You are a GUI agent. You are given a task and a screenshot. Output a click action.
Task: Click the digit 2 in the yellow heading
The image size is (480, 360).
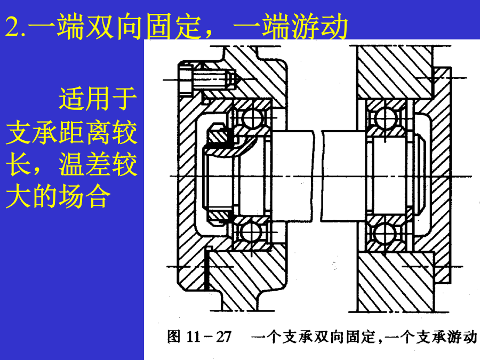pos(13,27)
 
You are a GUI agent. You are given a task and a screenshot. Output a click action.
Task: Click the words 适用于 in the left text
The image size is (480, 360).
pos(98,99)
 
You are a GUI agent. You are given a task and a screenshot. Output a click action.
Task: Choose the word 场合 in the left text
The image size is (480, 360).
pos(84,196)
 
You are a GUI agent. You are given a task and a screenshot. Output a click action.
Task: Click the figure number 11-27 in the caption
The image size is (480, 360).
pos(209,337)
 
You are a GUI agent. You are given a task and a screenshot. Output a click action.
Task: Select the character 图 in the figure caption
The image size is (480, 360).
pos(173,337)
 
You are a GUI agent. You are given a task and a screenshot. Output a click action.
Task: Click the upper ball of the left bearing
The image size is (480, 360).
pos(253,117)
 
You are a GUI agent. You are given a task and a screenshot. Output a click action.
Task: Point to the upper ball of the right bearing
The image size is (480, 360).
pos(386,118)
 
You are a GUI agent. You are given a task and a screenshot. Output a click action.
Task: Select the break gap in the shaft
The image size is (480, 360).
pos(318,176)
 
